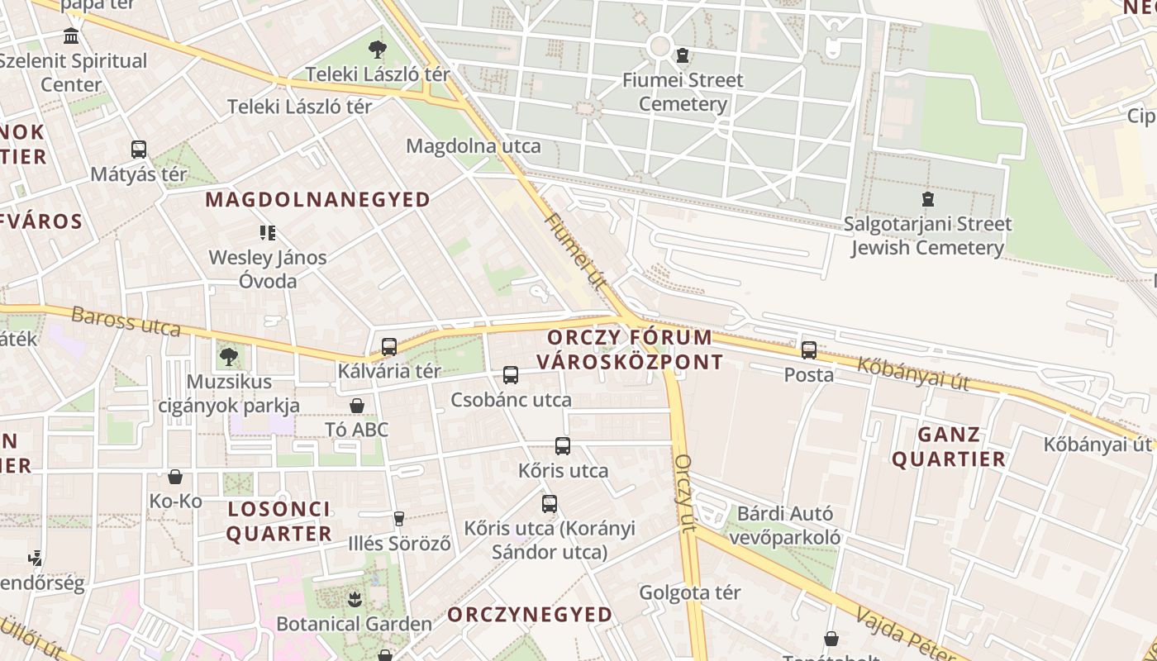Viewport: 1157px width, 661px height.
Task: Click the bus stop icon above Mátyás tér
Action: tap(139, 150)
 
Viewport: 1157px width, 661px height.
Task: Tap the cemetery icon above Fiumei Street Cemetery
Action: tap(682, 56)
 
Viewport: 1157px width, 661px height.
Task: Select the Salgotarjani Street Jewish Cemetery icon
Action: tap(927, 199)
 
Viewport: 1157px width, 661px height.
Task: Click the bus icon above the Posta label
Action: tap(808, 350)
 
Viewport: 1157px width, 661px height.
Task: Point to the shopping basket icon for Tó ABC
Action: tap(357, 406)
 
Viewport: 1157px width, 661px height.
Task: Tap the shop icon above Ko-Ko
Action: tap(175, 477)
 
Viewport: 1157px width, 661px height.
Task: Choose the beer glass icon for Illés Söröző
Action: tap(399, 519)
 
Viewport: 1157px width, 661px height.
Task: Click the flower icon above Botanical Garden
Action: tap(355, 598)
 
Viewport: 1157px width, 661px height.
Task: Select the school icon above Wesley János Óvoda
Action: tap(267, 233)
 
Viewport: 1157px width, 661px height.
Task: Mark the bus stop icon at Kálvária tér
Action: tap(389, 347)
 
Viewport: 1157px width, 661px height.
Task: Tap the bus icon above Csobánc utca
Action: tap(511, 375)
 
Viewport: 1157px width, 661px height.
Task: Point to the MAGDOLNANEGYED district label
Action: tap(318, 200)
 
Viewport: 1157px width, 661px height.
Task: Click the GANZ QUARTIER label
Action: tap(949, 447)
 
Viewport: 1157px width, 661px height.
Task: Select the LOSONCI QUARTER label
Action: tap(279, 521)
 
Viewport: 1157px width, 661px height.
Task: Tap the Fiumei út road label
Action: tap(576, 251)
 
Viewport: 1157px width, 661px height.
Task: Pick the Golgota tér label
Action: tap(690, 592)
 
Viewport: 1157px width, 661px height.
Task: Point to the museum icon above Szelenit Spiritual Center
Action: tap(72, 36)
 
